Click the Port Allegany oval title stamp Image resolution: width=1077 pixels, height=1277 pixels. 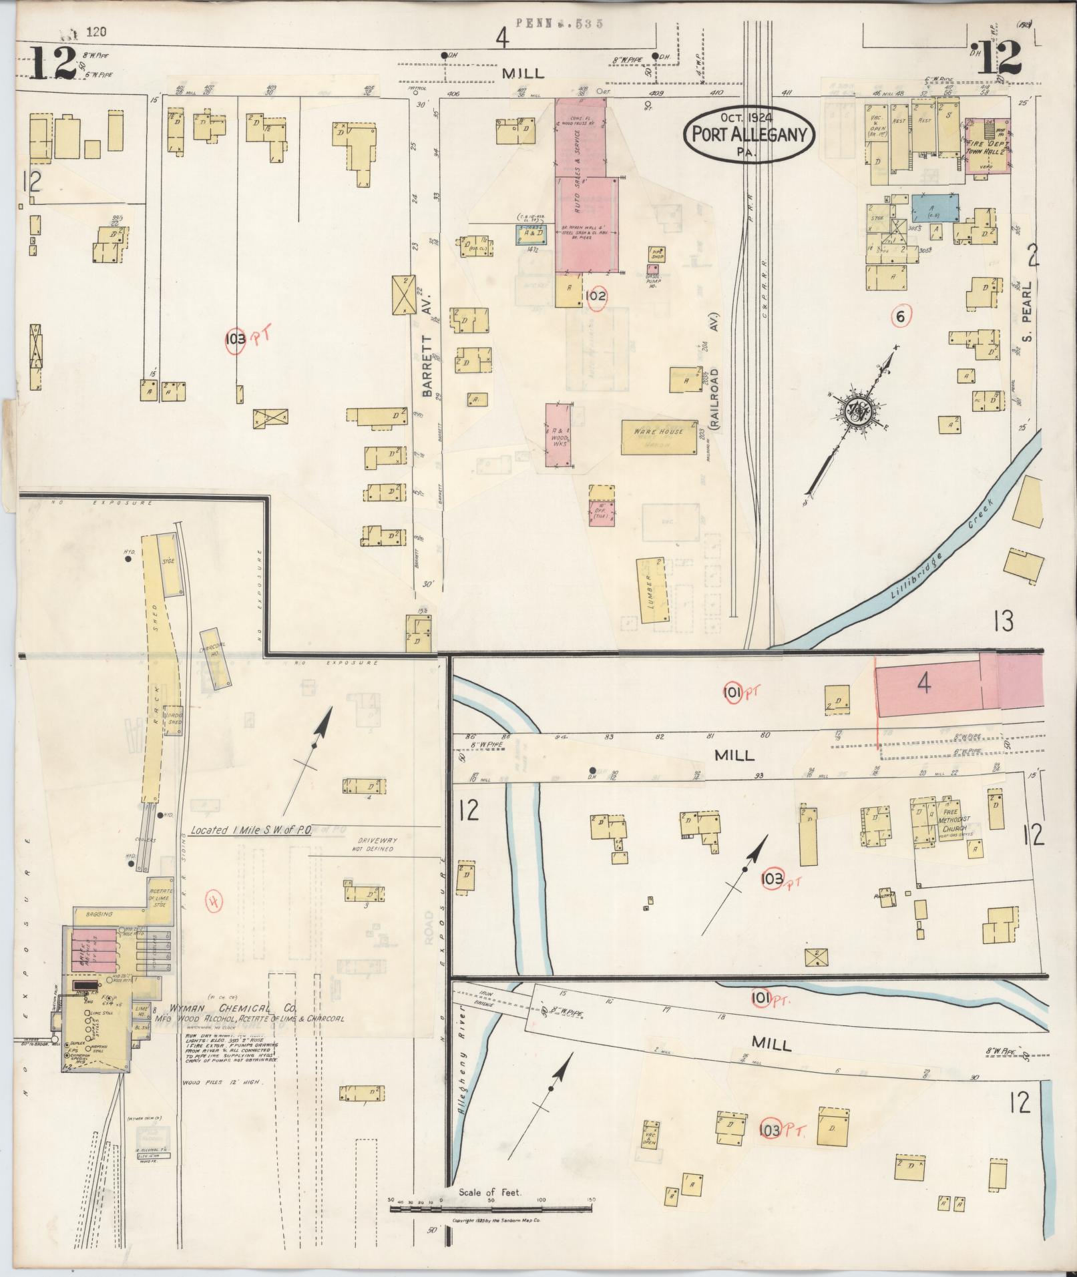click(748, 135)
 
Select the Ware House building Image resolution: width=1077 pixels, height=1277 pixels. click(659, 437)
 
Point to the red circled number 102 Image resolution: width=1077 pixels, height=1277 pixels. click(596, 295)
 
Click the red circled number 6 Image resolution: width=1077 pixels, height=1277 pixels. click(900, 317)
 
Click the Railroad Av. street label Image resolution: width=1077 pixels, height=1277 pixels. click(714, 397)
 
